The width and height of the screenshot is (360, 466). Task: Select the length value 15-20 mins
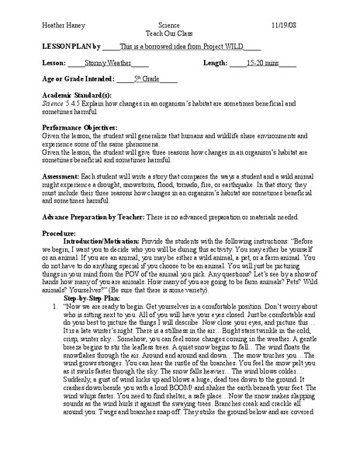click(x=263, y=64)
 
